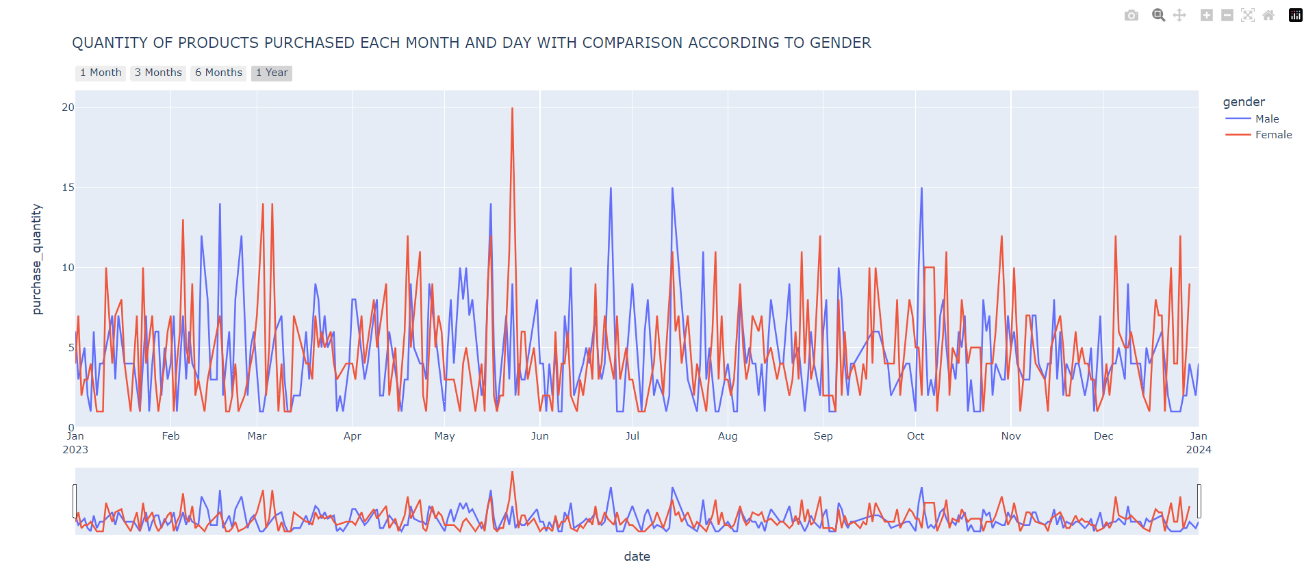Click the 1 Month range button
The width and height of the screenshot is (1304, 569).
point(100,73)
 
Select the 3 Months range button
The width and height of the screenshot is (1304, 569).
point(158,73)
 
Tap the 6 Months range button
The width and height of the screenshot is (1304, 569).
point(218,73)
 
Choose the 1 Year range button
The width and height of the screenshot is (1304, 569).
point(272,73)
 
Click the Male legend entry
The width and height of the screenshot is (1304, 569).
point(1266,119)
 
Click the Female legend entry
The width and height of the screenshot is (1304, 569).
point(1273,135)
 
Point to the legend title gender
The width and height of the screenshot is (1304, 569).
point(1244,102)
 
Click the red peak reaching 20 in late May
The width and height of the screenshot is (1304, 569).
point(512,109)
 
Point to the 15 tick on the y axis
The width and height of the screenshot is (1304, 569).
point(68,188)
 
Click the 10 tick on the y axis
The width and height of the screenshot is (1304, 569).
point(68,268)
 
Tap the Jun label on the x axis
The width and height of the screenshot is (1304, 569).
point(539,436)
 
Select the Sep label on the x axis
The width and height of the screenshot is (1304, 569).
point(823,436)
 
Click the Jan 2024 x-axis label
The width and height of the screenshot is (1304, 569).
point(1198,442)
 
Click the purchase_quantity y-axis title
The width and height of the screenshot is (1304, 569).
point(37,260)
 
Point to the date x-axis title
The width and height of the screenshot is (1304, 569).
point(637,557)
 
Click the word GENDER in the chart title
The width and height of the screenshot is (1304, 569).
point(840,43)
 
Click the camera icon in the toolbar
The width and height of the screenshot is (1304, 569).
point(1131,15)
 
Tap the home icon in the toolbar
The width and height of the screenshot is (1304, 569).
point(1268,15)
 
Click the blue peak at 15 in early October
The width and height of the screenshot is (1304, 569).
point(921,188)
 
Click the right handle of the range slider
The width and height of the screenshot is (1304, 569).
point(1199,501)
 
